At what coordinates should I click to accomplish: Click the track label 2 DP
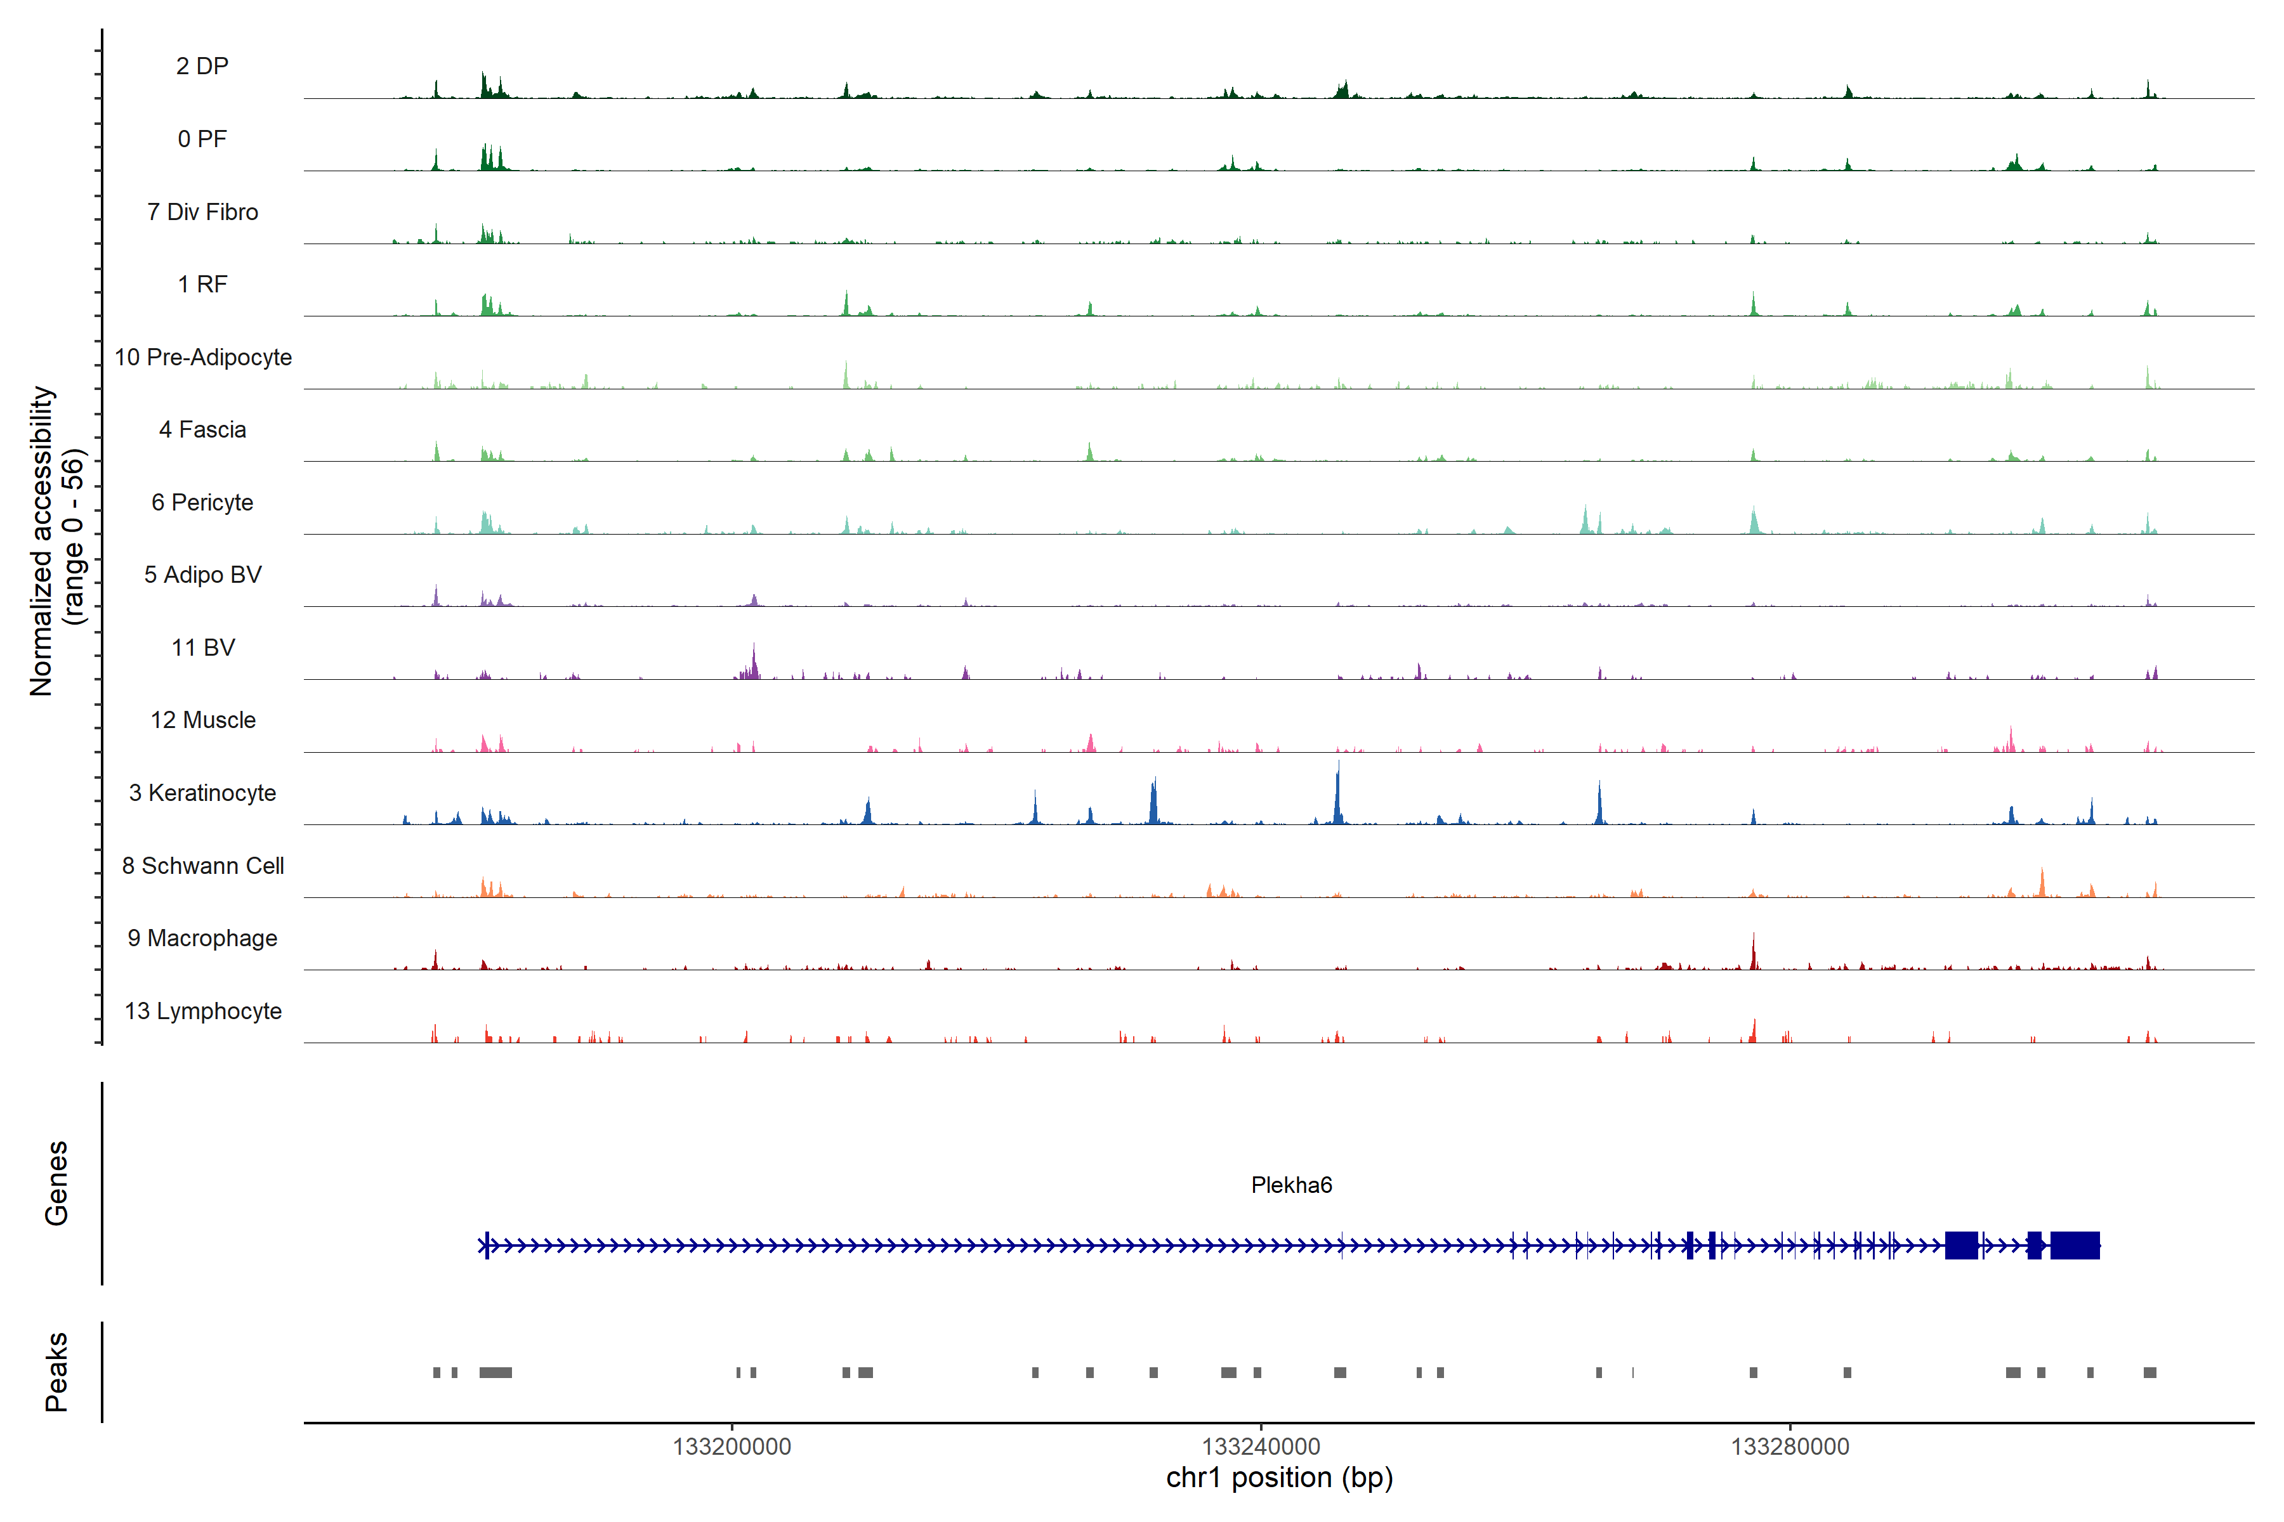click(x=202, y=66)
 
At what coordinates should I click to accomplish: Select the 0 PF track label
click(x=202, y=139)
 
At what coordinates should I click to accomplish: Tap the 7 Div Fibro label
click(x=202, y=212)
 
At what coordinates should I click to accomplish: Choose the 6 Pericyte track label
click(x=202, y=502)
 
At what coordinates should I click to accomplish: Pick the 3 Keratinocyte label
click(x=202, y=793)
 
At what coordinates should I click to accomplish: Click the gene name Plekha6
click(x=1290, y=1185)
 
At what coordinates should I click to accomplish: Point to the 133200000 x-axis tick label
click(x=732, y=1447)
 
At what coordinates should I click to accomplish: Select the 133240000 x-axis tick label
click(x=1261, y=1447)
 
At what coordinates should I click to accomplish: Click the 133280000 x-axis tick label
click(x=1790, y=1447)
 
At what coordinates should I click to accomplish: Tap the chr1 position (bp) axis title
click(x=1279, y=1478)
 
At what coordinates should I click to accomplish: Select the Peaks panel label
click(x=56, y=1372)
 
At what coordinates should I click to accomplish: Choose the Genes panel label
click(x=56, y=1183)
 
